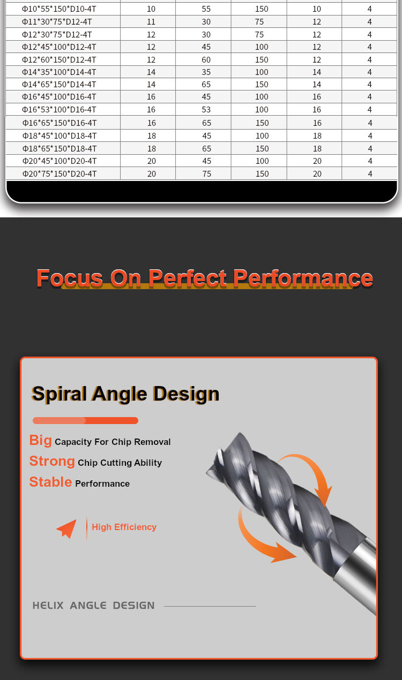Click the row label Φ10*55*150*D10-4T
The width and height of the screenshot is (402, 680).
click(59, 9)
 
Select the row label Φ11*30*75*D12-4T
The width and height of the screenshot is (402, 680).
click(57, 22)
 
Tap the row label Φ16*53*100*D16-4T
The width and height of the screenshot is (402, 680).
click(59, 110)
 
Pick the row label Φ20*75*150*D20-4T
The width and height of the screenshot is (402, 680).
click(59, 174)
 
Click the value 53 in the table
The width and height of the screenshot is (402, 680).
click(206, 110)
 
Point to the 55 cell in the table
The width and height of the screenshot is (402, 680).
click(206, 9)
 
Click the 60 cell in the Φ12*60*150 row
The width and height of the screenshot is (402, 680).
click(206, 60)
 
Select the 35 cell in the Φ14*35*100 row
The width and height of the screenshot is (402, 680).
click(206, 72)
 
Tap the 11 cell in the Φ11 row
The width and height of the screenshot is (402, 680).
click(151, 22)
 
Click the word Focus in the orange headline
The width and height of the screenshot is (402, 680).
click(70, 278)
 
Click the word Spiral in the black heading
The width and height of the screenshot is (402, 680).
click(59, 394)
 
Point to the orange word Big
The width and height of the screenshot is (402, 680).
click(40, 441)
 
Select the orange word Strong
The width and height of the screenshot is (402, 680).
click(52, 461)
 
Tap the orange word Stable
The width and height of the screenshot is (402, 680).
click(50, 482)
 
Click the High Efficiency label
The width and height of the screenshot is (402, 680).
click(124, 527)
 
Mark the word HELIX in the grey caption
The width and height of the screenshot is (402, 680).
click(48, 606)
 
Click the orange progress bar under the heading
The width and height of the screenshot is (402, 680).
click(85, 420)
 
